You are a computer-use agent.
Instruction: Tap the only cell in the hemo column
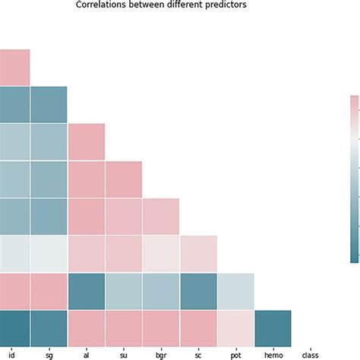[272, 329]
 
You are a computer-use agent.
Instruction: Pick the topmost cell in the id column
[14, 68]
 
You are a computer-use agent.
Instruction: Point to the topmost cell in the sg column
[48, 105]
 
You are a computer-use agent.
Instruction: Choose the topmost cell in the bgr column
[160, 217]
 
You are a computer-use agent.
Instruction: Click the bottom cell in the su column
[123, 329]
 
